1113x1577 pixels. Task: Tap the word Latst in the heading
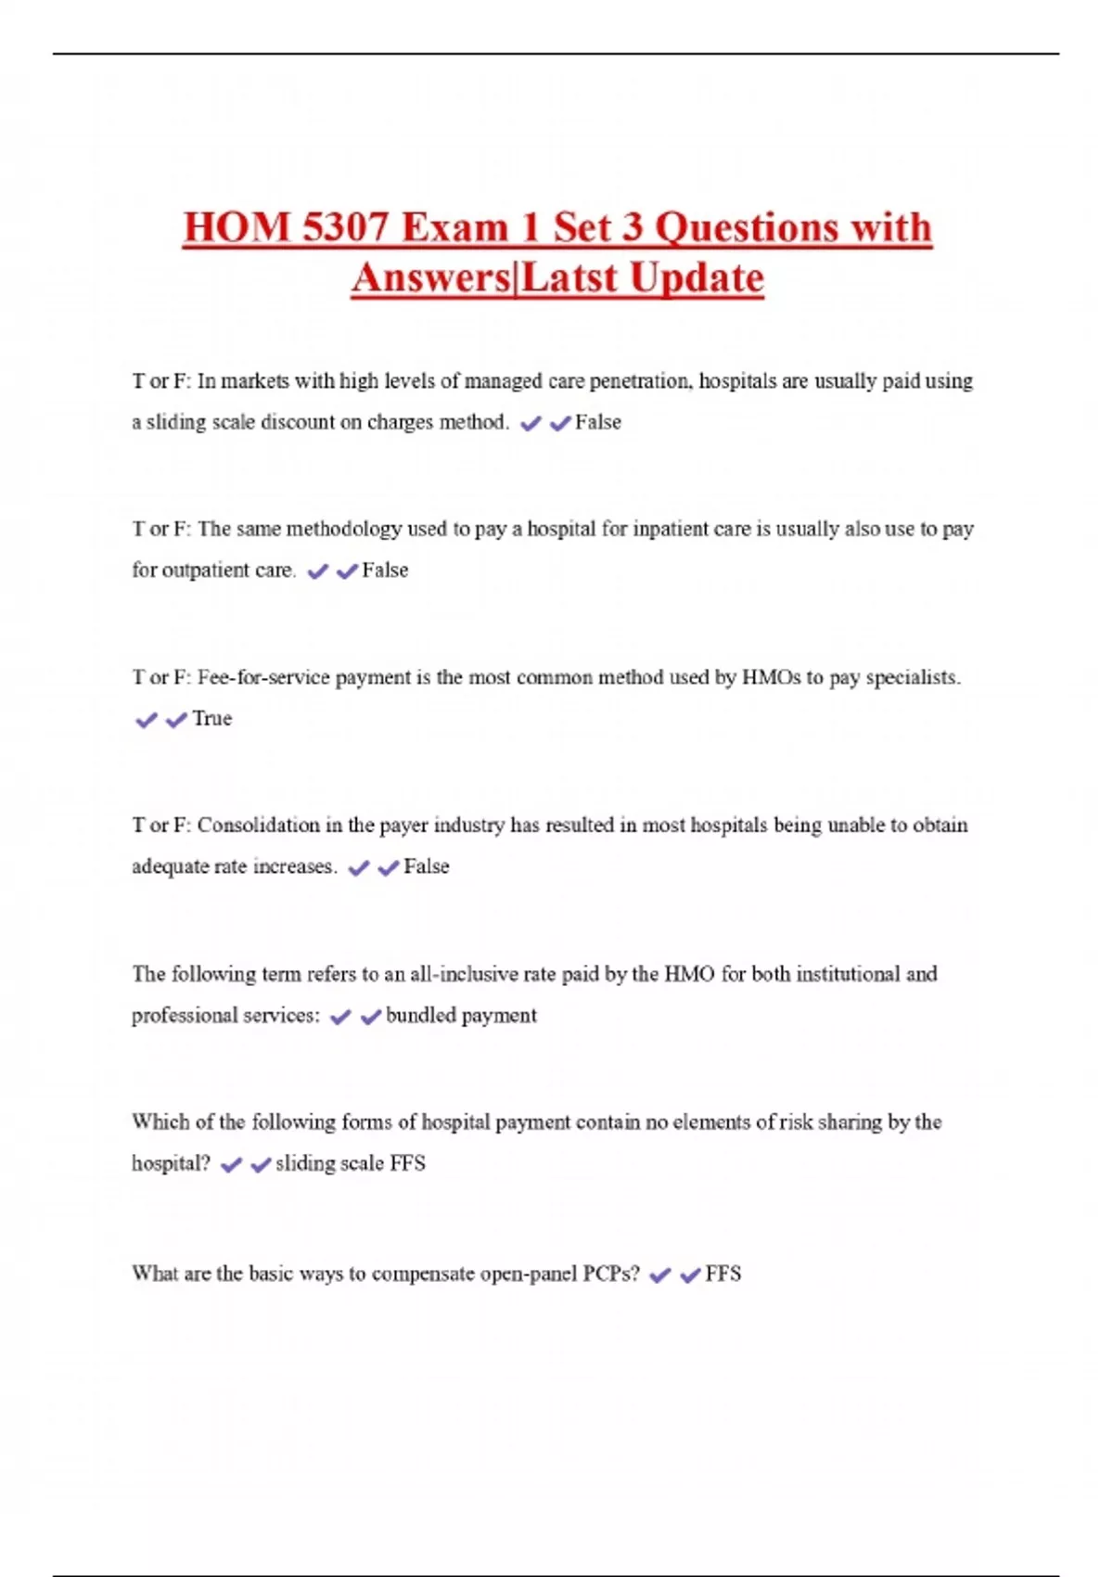568,277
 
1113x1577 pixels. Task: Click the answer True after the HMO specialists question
212,719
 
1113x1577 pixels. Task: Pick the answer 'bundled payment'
461,1016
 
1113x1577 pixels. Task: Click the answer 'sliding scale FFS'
351,1163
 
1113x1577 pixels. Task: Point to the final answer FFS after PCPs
723,1274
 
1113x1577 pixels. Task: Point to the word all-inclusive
464,974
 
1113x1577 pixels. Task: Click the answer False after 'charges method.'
598,423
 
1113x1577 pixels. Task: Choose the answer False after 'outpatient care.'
385,571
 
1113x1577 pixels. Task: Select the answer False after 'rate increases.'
427,866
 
